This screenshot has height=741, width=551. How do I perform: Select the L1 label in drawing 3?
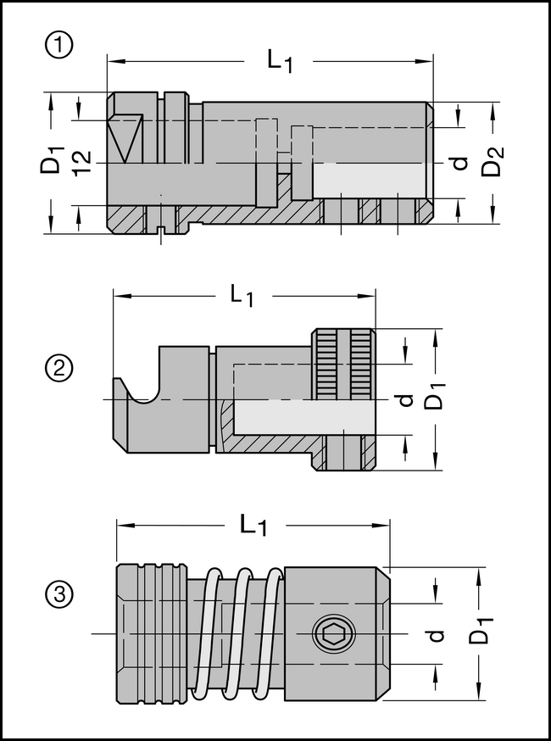253,525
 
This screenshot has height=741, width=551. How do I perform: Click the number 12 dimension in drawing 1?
81,161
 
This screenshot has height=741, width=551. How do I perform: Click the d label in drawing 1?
459,161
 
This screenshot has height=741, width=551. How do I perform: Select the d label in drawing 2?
406,399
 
